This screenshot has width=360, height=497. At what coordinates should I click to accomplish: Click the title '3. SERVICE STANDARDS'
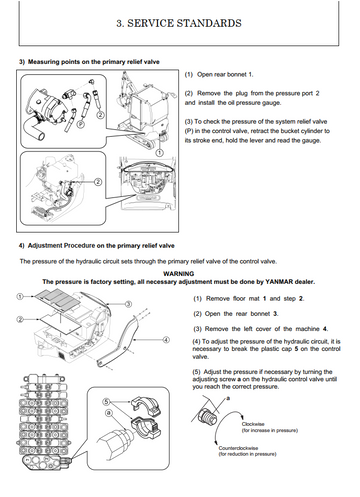[179, 23]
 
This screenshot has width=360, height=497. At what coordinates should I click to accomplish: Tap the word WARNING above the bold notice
[179, 274]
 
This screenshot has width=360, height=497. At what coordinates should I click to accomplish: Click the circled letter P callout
[80, 124]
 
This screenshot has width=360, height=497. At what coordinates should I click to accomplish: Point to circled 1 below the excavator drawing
[160, 152]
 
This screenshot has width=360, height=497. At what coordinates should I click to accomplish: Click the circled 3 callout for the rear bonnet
[128, 304]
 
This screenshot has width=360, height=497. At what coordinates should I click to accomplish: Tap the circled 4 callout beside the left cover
[166, 340]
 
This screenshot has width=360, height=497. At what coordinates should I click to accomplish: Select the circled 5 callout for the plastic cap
[106, 402]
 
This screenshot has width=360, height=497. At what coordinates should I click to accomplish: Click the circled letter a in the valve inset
[108, 413]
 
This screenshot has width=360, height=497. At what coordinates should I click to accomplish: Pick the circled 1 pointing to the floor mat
[20, 296]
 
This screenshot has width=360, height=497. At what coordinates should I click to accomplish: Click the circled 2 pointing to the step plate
[20, 319]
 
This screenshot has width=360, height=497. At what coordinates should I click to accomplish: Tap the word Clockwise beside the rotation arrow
[253, 424]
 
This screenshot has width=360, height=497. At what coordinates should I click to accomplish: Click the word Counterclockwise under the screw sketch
[238, 448]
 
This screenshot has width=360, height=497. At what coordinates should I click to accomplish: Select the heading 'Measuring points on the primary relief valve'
[94, 62]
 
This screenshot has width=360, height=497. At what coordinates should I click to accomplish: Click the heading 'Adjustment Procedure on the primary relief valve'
[101, 246]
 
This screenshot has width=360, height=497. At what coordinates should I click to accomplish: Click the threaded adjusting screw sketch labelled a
[208, 416]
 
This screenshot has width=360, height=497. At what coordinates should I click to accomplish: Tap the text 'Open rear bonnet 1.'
[225, 74]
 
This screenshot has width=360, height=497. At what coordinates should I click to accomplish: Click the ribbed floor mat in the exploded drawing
[57, 299]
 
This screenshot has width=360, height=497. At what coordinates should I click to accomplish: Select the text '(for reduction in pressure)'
[247, 454]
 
